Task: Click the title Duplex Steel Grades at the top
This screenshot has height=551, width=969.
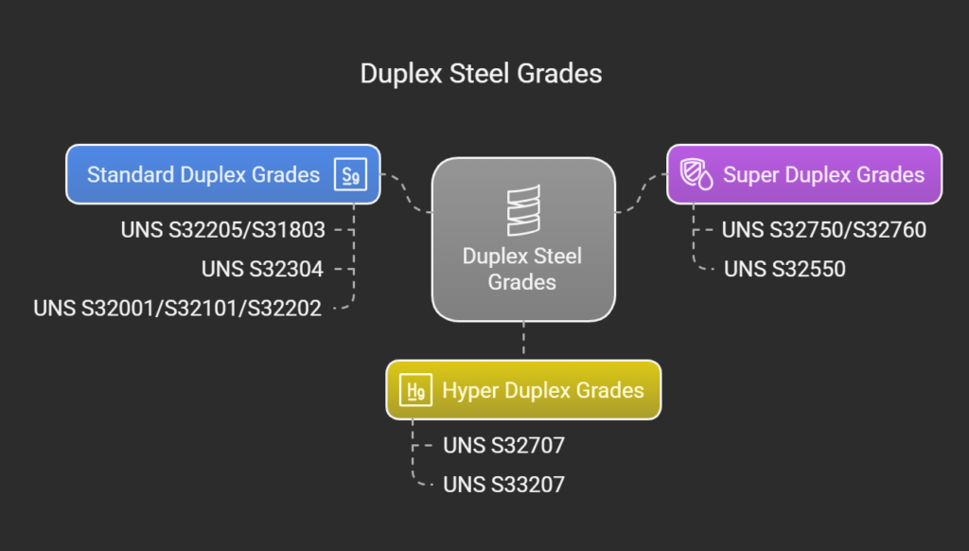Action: click(481, 74)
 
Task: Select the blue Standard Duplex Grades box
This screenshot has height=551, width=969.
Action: click(223, 174)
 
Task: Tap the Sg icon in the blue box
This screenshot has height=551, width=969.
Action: click(350, 174)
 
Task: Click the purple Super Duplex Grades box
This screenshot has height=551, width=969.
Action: click(804, 174)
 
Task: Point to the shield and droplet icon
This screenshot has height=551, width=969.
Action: click(696, 174)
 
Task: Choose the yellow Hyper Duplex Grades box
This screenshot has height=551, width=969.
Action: click(523, 390)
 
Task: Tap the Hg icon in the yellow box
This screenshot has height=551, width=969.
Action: click(416, 390)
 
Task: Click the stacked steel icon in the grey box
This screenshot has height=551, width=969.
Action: click(523, 210)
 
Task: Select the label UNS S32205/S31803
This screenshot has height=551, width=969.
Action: click(223, 230)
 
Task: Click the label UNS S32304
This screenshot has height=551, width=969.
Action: click(262, 269)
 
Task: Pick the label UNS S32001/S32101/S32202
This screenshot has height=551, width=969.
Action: click(177, 308)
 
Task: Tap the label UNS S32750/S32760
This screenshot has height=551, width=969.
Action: click(824, 230)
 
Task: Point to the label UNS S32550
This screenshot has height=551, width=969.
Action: click(784, 269)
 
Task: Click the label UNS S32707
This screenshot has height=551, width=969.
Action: click(503, 445)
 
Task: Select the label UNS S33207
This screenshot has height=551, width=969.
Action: click(503, 484)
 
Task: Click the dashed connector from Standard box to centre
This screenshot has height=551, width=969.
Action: click(407, 192)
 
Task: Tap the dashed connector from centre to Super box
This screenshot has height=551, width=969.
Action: click(642, 192)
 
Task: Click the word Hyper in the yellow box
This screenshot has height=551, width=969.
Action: click(468, 391)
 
